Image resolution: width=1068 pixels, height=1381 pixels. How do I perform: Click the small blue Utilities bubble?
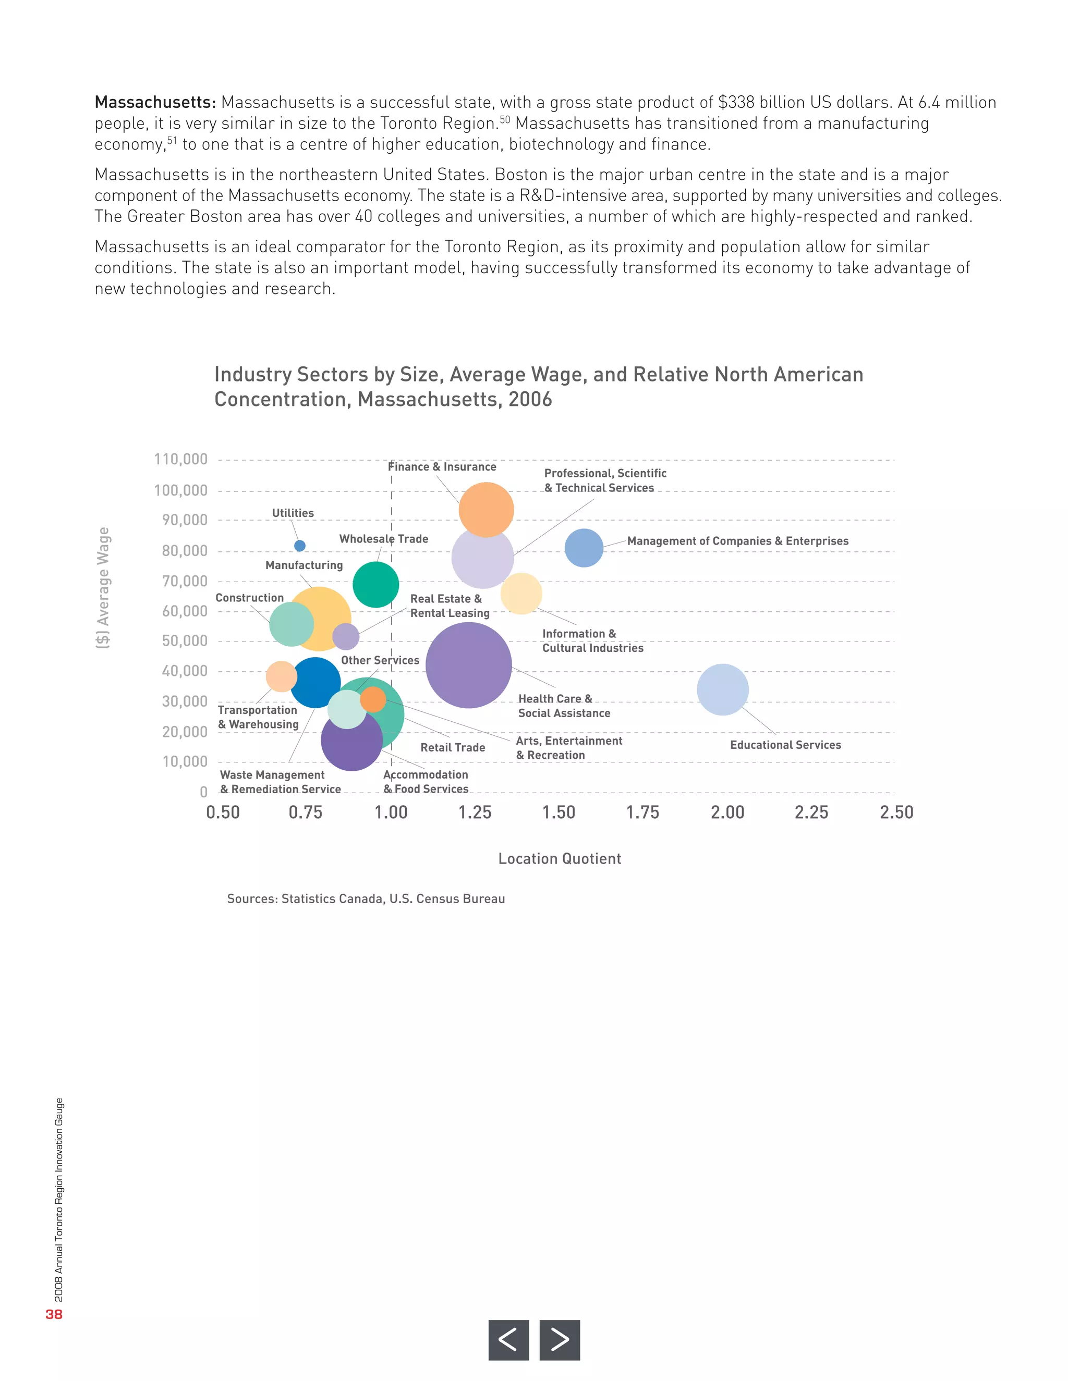tap(300, 546)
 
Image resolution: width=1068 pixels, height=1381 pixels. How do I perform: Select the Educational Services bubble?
tap(723, 690)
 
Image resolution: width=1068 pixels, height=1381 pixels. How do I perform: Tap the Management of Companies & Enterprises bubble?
tap(584, 548)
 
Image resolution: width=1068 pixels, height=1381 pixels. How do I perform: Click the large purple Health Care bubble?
tap(469, 665)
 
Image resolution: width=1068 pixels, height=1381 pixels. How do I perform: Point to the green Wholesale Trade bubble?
tap(376, 585)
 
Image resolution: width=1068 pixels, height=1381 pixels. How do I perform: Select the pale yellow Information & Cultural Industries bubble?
tap(521, 594)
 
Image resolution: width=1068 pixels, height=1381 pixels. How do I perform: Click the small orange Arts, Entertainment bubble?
tap(373, 699)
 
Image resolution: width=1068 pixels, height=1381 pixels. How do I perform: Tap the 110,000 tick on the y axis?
tap(181, 460)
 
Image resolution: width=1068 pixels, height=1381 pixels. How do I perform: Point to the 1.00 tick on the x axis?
tap(391, 812)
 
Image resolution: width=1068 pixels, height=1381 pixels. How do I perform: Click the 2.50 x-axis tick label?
tap(896, 812)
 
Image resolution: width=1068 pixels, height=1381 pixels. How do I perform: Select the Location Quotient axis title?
tap(560, 859)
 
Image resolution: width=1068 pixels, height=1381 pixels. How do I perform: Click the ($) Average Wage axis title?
tap(103, 587)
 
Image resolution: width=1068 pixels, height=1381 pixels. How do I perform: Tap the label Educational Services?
tap(785, 745)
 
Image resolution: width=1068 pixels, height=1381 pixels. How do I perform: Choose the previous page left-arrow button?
tap(508, 1340)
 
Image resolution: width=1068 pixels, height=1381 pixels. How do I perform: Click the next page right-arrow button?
tap(560, 1340)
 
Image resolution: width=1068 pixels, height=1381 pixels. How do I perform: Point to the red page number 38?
tap(54, 1315)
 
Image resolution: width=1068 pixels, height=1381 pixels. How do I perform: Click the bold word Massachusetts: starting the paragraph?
tap(155, 103)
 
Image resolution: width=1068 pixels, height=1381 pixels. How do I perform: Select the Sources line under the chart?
tap(366, 899)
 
